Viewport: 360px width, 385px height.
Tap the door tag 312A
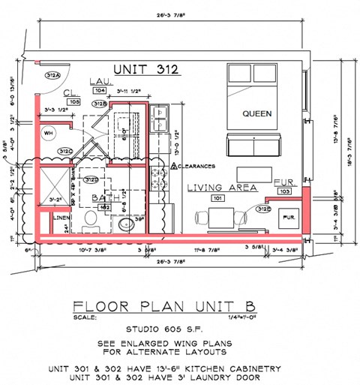coord(53,75)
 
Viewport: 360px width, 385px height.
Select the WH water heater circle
coord(49,133)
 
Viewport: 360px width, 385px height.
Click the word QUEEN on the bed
coord(256,114)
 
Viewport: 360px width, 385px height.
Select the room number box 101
coord(217,199)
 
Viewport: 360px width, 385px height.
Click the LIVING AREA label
coord(222,187)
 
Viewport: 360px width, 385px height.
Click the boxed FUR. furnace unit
coord(288,217)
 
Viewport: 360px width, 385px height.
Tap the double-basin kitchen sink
coord(160,120)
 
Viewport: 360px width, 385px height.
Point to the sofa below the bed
coord(255,146)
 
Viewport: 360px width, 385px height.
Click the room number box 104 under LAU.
coord(99,89)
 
